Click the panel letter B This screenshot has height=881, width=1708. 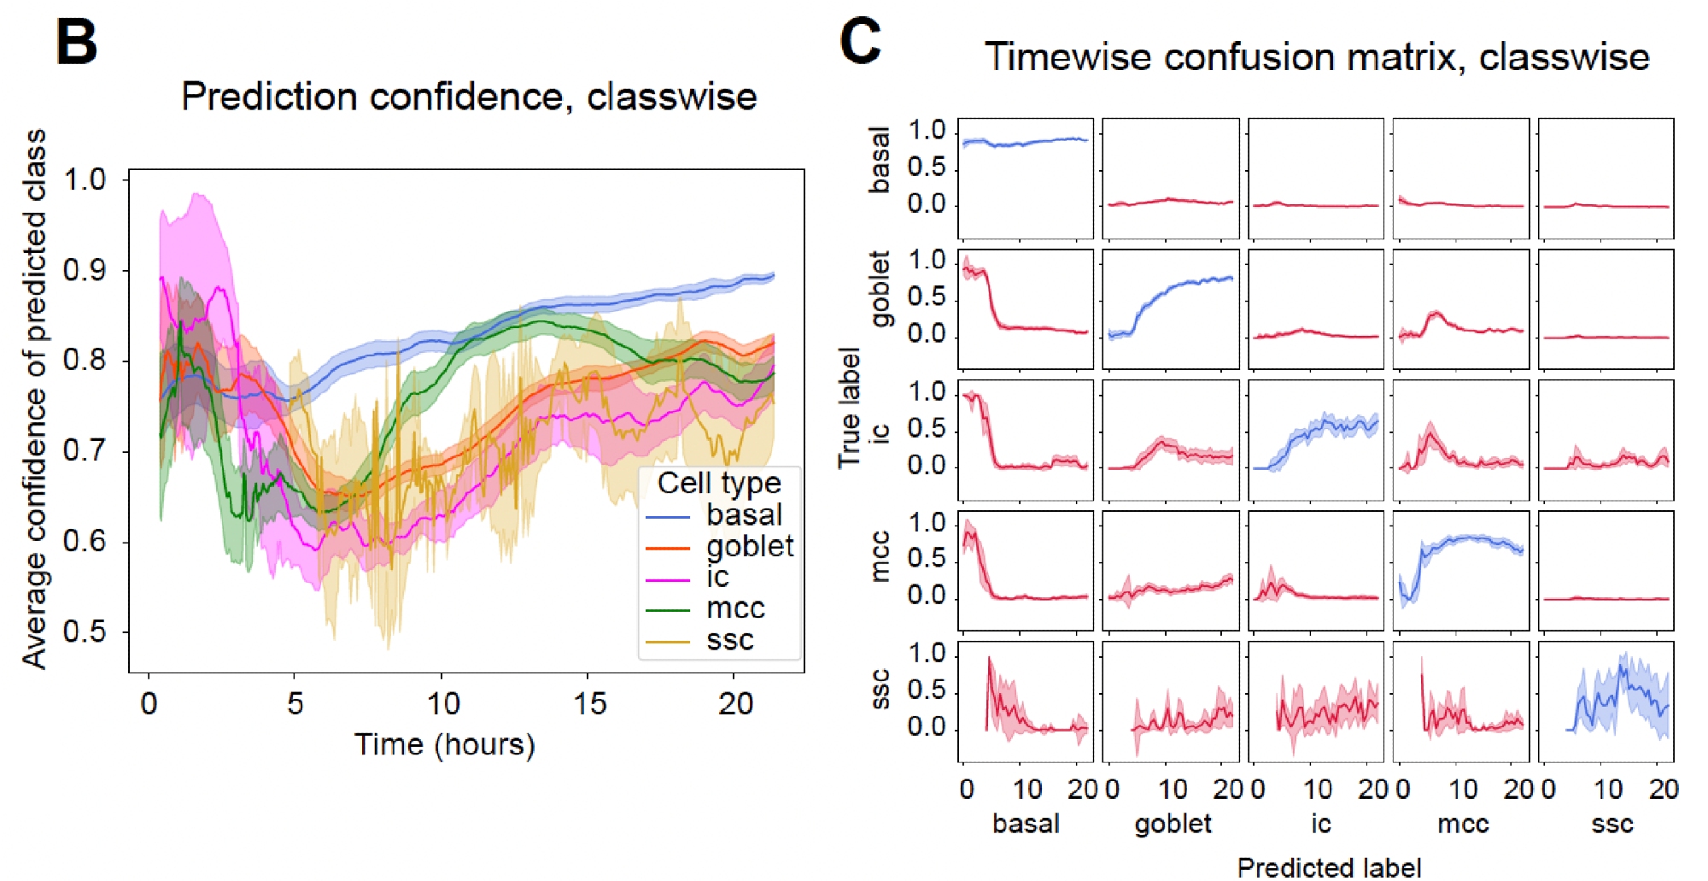[x=77, y=43]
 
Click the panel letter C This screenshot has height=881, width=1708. [x=860, y=41]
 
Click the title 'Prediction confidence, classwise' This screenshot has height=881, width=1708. [x=469, y=97]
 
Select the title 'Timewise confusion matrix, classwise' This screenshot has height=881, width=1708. [x=1316, y=57]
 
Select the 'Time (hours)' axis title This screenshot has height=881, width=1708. [x=445, y=745]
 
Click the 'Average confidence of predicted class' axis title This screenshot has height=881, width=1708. [x=34, y=399]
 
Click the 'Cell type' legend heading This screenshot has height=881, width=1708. [x=719, y=484]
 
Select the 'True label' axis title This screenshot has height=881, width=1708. [x=849, y=408]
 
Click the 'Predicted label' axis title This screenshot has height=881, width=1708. [x=1329, y=867]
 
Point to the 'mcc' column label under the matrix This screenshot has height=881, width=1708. [x=1463, y=824]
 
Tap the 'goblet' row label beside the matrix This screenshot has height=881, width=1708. [x=880, y=289]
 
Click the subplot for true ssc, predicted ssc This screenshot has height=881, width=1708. [x=1606, y=702]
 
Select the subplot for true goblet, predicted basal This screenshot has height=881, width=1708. [x=1026, y=309]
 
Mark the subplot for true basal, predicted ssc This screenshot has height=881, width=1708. [x=1606, y=179]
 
